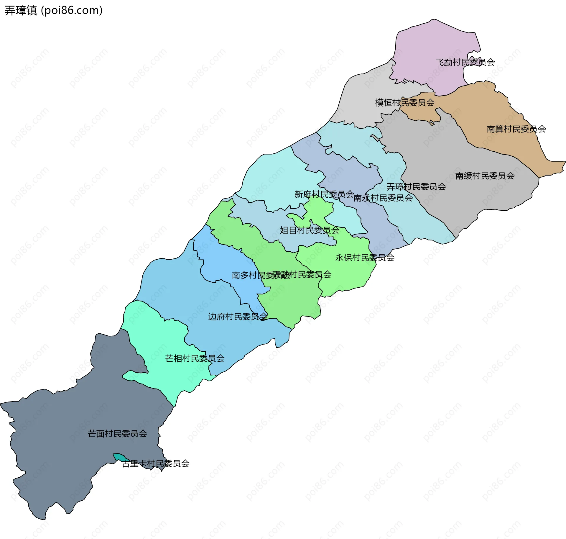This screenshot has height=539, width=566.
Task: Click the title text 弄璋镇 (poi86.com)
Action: pos(53,10)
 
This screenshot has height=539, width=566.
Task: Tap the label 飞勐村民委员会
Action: pos(465,62)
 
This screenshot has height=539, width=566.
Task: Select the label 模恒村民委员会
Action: pos(404,103)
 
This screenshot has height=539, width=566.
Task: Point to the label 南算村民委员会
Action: pos(516,129)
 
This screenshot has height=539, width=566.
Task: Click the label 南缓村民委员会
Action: pos(485,176)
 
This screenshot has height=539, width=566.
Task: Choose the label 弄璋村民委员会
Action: pos(416,187)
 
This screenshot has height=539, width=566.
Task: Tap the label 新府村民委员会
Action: pos(324,194)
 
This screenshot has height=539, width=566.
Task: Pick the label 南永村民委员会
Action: pos(383,198)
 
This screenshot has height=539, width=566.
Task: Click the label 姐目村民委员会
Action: pos(309,230)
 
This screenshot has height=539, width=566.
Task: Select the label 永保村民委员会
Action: pos(365,258)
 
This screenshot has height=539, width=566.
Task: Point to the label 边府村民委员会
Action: pos(238,317)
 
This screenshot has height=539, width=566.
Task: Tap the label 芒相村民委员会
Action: pos(195,359)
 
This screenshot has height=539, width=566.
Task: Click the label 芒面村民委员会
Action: pos(117,434)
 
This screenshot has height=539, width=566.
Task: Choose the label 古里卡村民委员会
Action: pos(156,464)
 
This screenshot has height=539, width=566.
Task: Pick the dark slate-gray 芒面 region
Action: pos(74,457)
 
